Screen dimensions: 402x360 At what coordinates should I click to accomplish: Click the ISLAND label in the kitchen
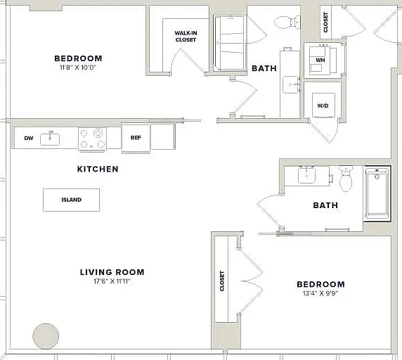point(72,200)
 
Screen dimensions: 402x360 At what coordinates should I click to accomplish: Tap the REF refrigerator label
point(136,138)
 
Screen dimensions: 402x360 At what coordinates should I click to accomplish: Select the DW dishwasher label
point(29,139)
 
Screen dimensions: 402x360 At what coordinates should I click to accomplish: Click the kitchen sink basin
point(50,140)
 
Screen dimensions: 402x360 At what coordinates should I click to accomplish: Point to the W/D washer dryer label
point(323,105)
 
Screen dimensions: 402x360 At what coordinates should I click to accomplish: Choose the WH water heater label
point(320,60)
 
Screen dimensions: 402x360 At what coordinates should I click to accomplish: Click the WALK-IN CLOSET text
point(186,37)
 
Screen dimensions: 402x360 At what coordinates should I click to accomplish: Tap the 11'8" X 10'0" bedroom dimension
point(77,67)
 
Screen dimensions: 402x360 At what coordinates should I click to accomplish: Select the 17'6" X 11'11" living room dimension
point(112,281)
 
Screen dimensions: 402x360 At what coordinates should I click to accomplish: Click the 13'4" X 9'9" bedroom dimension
point(320,293)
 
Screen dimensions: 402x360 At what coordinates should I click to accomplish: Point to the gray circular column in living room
point(46,336)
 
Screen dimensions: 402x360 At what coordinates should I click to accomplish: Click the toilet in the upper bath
point(287,22)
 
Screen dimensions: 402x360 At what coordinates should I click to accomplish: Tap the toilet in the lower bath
point(346,179)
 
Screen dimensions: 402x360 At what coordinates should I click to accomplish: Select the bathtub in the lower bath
point(377,193)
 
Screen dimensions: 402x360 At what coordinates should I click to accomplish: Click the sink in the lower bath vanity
point(307,176)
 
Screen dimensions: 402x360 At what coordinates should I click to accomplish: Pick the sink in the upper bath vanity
point(291,85)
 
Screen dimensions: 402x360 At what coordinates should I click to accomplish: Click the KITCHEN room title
point(98,169)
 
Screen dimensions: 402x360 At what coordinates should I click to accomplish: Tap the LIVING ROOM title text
point(112,272)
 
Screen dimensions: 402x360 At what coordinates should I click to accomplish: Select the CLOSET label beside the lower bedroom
point(222,281)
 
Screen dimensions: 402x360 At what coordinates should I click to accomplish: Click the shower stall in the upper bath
point(230,43)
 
